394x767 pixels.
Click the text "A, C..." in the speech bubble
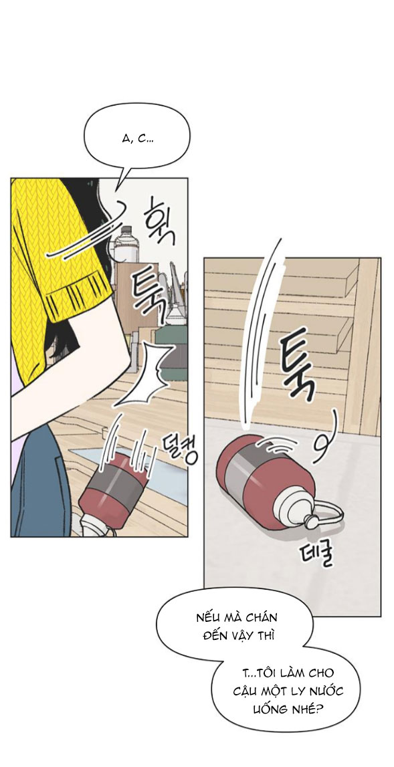tap(138, 139)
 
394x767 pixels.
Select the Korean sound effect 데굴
tap(316, 554)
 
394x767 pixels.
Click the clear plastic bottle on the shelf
tap(126, 245)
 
